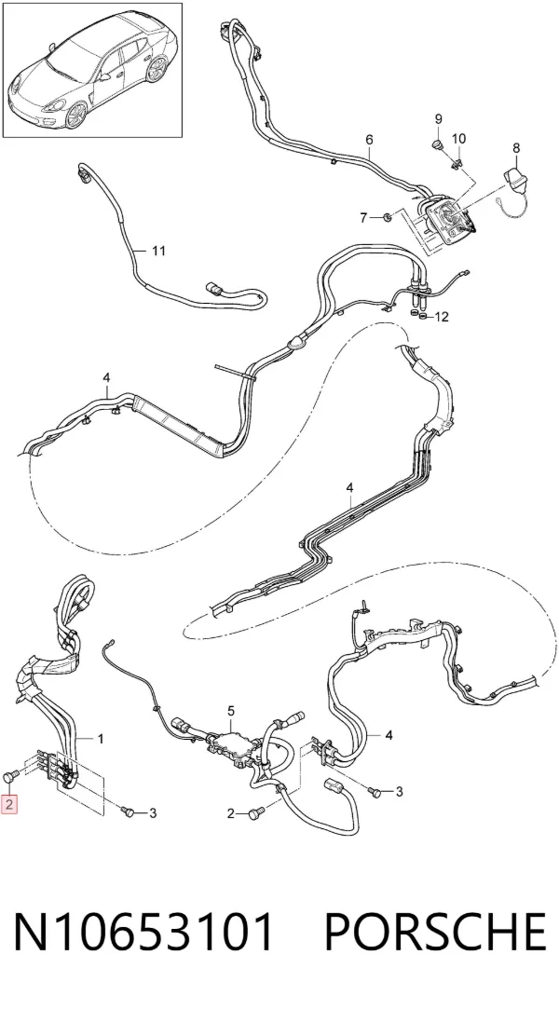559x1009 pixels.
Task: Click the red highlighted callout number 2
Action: pos(9,804)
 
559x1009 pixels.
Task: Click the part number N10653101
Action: pos(143,931)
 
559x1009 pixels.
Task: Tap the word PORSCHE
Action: pos(435,931)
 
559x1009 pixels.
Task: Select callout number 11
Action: pos(159,251)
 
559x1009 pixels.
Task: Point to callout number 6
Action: pos(369,140)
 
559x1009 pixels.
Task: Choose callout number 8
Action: pos(516,148)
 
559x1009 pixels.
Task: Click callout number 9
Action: pos(439,118)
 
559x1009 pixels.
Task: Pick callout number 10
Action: pos(458,138)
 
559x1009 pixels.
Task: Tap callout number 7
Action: pos(363,218)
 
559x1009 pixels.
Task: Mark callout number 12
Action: pos(442,317)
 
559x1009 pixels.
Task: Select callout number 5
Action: pos(231,711)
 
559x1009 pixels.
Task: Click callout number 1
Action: pos(101,738)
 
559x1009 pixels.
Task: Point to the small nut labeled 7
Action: pos(388,217)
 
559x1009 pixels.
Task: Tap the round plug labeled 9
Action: pos(437,143)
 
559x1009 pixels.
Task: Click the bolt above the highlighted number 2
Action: pos(9,777)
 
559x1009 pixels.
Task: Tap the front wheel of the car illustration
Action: pos(76,116)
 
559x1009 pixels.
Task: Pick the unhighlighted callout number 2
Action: pos(231,814)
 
